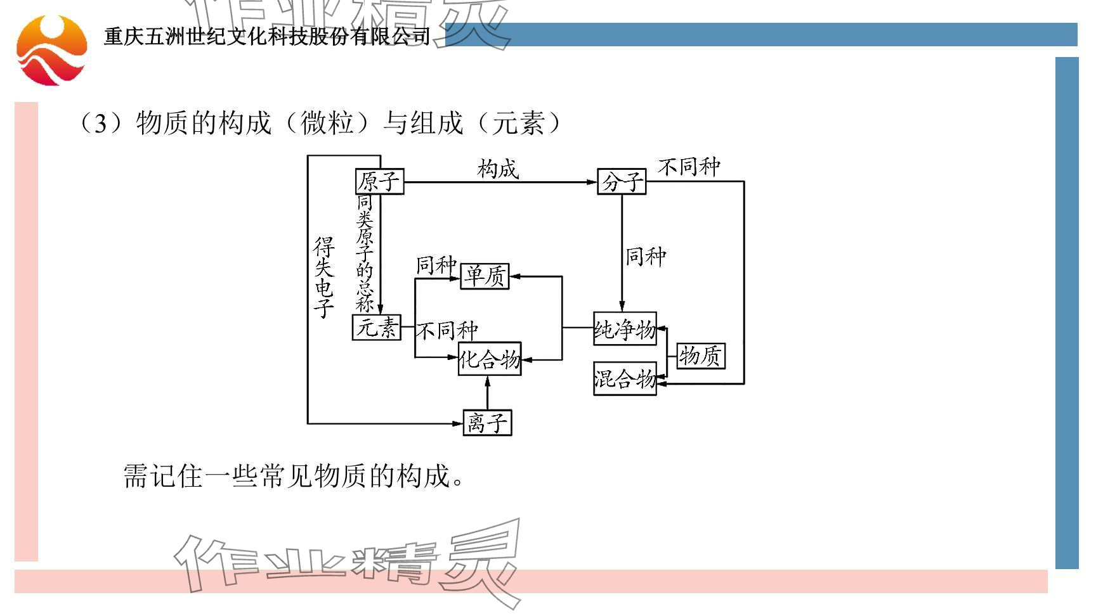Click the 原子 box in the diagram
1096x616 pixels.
click(379, 182)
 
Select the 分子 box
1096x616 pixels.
click(622, 182)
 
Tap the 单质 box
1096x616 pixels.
click(485, 276)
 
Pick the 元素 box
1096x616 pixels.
click(377, 328)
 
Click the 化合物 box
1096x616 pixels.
click(490, 359)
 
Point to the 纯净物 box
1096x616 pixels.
click(625, 329)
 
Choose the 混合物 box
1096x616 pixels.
click(625, 379)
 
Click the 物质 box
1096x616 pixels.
click(701, 356)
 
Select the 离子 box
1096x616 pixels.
click(487, 423)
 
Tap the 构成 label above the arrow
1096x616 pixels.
click(498, 169)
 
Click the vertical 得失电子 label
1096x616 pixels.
click(324, 278)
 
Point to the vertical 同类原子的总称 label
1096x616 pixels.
click(365, 253)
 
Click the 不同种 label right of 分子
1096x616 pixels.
click(689, 167)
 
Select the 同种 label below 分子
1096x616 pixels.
click(646, 257)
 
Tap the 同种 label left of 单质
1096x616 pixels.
click(436, 265)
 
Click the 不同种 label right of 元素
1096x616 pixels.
click(447, 330)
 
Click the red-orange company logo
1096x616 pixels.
click(51, 51)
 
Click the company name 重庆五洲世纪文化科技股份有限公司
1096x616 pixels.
click(267, 37)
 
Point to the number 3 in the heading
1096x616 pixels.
click(100, 124)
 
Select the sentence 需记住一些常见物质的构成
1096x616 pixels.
click(293, 475)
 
